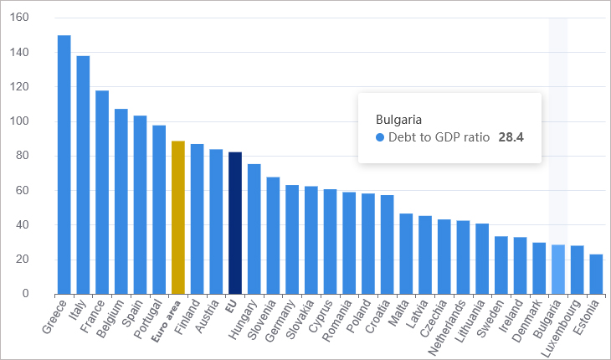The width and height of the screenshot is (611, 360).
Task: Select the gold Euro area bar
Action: click(177, 218)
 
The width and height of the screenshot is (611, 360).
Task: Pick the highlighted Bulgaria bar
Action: click(558, 270)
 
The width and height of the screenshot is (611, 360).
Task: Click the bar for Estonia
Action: click(596, 274)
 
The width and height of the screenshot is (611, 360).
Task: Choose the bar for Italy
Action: click(83, 175)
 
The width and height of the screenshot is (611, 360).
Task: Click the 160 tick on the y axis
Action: click(20, 18)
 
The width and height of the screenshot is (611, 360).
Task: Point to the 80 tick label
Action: click(23, 156)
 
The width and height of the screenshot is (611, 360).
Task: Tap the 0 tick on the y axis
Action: click(26, 294)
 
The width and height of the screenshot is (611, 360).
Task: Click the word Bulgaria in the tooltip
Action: click(398, 120)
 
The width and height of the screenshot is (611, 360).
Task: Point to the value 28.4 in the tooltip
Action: click(511, 137)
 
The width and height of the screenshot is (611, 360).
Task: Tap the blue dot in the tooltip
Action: click(380, 137)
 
